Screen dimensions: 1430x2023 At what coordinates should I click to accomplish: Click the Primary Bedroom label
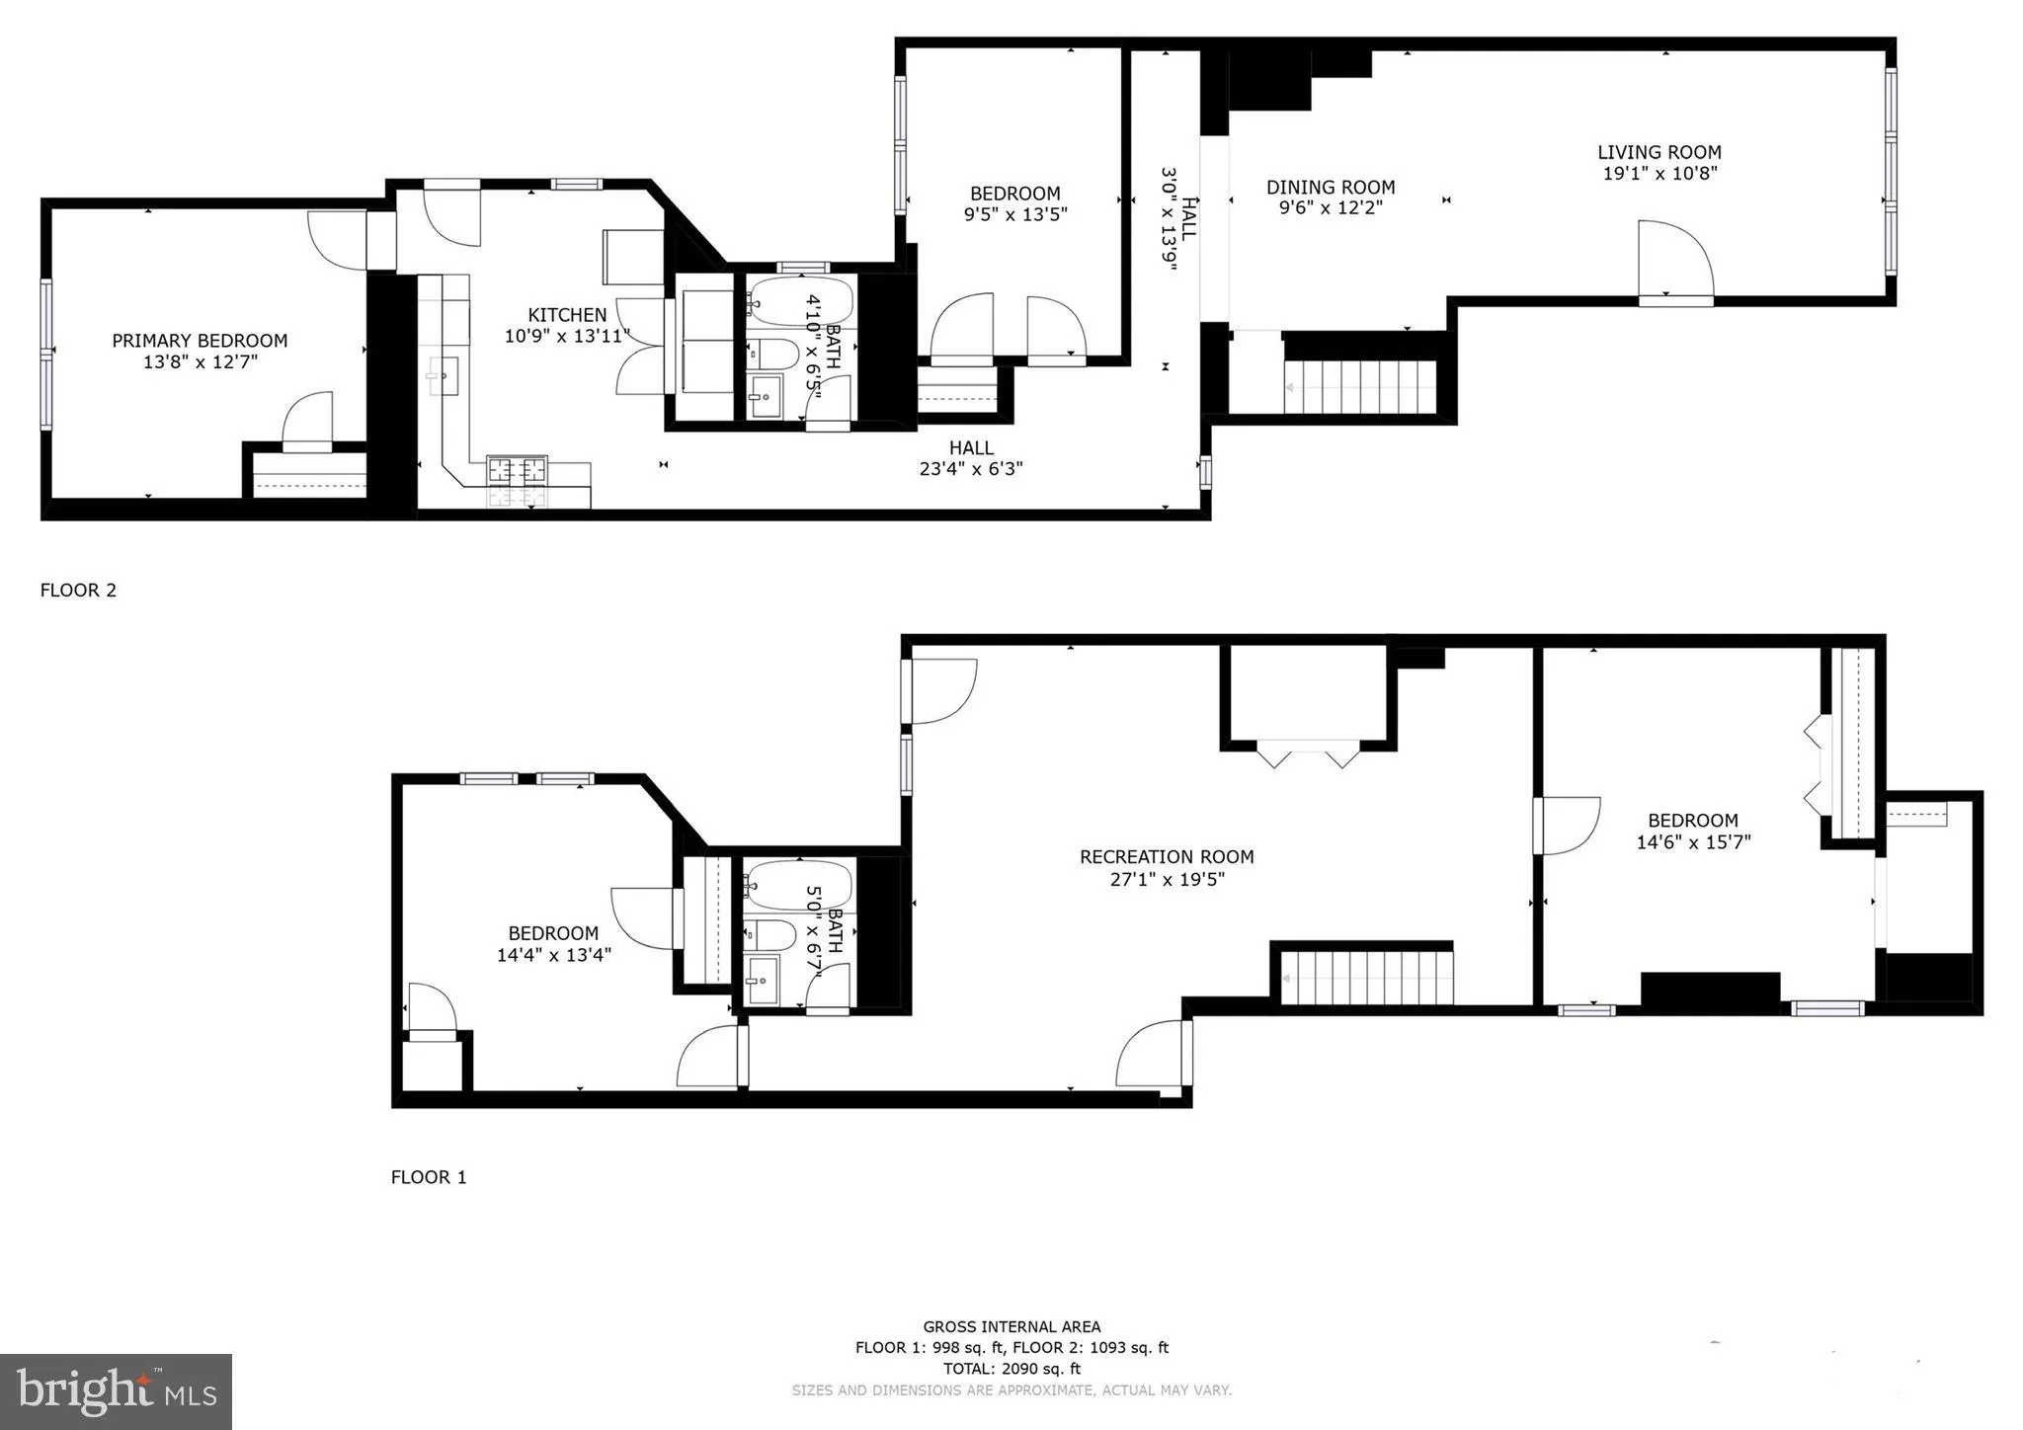tap(200, 341)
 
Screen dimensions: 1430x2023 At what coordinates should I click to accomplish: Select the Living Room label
tap(1659, 152)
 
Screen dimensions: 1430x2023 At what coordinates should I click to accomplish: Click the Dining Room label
tap(1331, 187)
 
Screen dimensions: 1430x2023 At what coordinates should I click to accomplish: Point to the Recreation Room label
tap(1167, 856)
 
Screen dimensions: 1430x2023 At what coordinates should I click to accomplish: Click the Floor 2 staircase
tap(1360, 387)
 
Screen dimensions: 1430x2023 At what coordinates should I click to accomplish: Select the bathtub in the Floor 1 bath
tap(798, 885)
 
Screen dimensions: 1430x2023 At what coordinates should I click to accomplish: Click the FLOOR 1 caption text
tap(429, 1177)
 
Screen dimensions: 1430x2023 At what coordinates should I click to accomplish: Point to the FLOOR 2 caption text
tap(78, 591)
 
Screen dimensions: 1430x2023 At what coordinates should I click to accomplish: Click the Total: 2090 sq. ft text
tap(1011, 1369)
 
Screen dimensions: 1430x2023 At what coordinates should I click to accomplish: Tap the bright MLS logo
tap(116, 1391)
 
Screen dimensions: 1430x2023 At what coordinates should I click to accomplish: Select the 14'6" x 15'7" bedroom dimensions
tap(1693, 842)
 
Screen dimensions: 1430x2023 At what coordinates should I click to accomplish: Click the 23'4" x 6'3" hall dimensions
tap(971, 469)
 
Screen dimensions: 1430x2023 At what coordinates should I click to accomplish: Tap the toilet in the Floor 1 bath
tap(769, 933)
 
